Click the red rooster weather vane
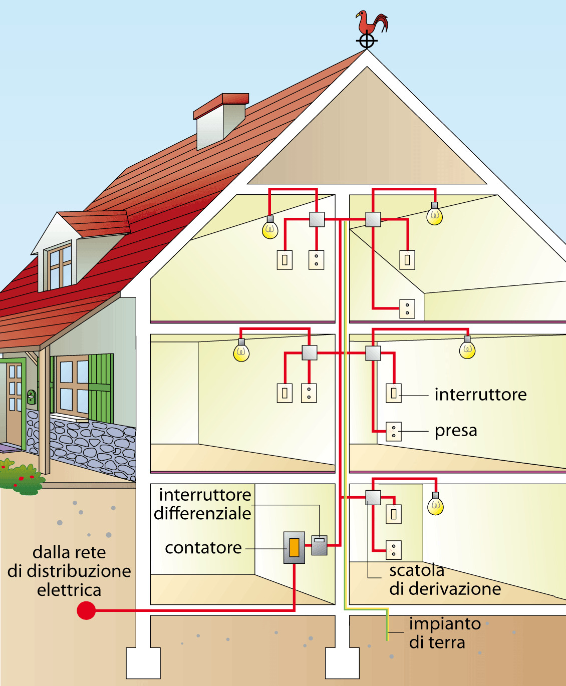371,24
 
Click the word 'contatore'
203,548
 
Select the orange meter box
294,548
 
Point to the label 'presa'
456,431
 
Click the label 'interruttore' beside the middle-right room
480,395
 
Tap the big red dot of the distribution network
86,610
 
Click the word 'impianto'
445,624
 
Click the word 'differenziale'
202,513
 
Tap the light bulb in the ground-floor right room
435,506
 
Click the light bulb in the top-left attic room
270,229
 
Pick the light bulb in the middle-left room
241,352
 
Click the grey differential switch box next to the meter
319,545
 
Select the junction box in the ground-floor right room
373,497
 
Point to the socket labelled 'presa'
394,432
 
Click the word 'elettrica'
69,590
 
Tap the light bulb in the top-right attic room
434,216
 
